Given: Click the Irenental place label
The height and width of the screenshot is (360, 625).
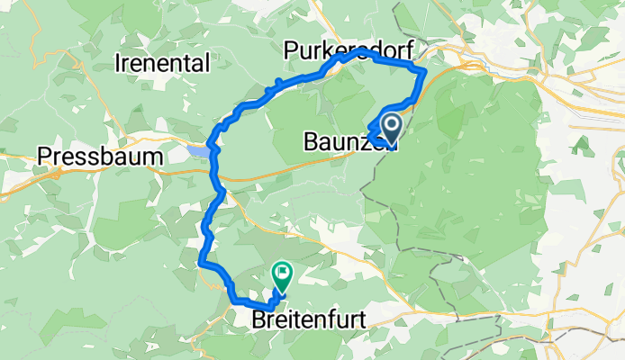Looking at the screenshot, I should point(163,63).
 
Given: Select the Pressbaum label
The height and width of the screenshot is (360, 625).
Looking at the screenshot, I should point(100,157).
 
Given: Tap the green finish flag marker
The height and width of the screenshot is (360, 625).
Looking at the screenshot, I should point(283,271).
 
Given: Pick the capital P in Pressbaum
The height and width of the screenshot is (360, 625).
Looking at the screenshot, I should point(44,157).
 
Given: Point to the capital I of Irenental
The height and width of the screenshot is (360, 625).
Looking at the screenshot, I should point(120,63).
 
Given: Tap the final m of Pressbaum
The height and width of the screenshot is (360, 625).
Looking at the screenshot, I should point(155,157).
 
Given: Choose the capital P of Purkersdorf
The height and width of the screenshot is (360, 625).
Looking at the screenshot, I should point(290,49).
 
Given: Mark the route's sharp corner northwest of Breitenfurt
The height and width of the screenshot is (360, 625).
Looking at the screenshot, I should point(200,263).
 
